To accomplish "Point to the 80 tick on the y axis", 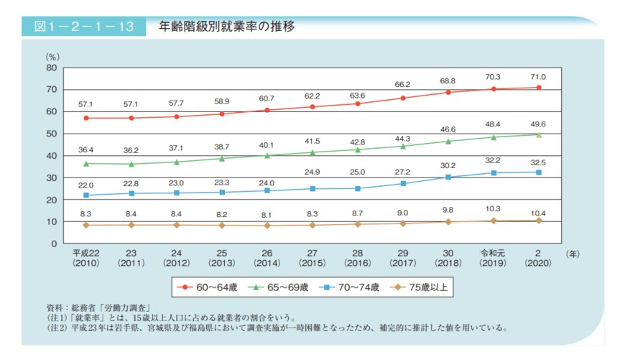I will pos(51,68).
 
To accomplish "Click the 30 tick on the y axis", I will pos(51,177).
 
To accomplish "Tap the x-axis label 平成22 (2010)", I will pos(86,259).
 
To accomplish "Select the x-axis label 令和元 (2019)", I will pos(493,259).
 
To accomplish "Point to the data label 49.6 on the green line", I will pos(538,123).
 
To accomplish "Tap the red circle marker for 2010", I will pos(86,118).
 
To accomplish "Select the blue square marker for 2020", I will pos(538,172).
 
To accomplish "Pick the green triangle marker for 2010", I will pos(86,163).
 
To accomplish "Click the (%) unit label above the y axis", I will pos(52,56).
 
